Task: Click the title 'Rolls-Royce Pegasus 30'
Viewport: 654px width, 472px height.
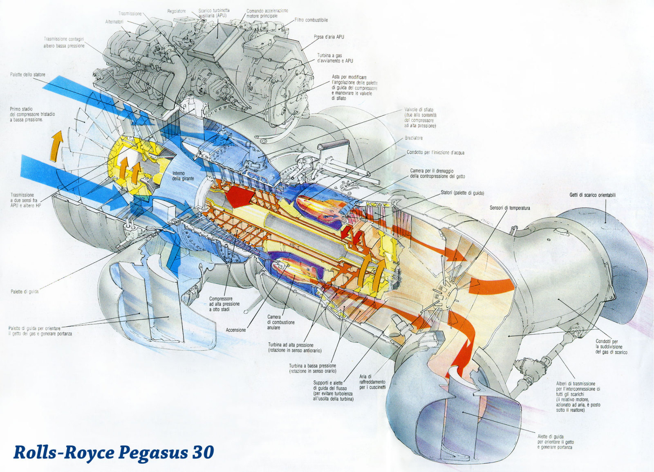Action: (x=114, y=452)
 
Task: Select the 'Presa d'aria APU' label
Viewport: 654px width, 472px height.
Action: (x=329, y=37)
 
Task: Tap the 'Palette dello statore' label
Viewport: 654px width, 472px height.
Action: (x=28, y=75)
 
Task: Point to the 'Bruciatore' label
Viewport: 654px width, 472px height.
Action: (x=414, y=138)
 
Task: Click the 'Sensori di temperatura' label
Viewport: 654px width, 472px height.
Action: (x=510, y=208)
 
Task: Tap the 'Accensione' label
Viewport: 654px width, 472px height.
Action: (x=236, y=330)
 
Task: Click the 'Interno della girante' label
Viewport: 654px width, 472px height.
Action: (x=183, y=176)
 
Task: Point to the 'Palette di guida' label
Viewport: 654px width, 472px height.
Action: (x=25, y=292)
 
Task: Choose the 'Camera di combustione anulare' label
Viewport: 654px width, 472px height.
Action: (x=281, y=322)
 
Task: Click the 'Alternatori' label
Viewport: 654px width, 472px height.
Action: (x=114, y=22)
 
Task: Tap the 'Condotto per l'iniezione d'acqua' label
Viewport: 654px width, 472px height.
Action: (x=435, y=153)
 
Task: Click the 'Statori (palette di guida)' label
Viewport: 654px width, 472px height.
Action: (x=462, y=193)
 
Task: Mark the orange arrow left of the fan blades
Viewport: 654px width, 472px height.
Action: (x=56, y=145)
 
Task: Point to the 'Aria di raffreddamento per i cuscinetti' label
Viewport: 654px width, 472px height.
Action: (x=372, y=382)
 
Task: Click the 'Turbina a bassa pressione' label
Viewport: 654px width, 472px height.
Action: (x=312, y=368)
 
